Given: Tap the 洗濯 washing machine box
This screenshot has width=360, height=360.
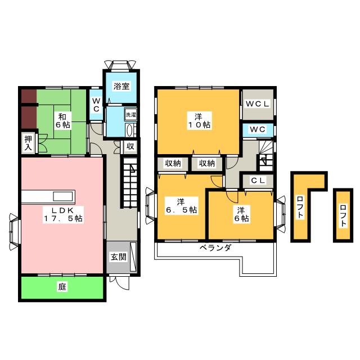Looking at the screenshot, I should (130, 115).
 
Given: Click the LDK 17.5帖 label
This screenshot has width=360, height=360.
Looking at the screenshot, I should (62, 214).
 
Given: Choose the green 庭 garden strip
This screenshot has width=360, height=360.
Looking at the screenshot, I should (62, 287).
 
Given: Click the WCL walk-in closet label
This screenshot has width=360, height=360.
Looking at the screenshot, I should (259, 103).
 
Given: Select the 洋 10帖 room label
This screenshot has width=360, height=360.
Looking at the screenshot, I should (199, 120).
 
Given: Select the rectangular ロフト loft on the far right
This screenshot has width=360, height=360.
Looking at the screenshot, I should (343, 215).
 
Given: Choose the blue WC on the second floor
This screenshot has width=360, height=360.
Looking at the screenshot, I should (258, 130).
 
